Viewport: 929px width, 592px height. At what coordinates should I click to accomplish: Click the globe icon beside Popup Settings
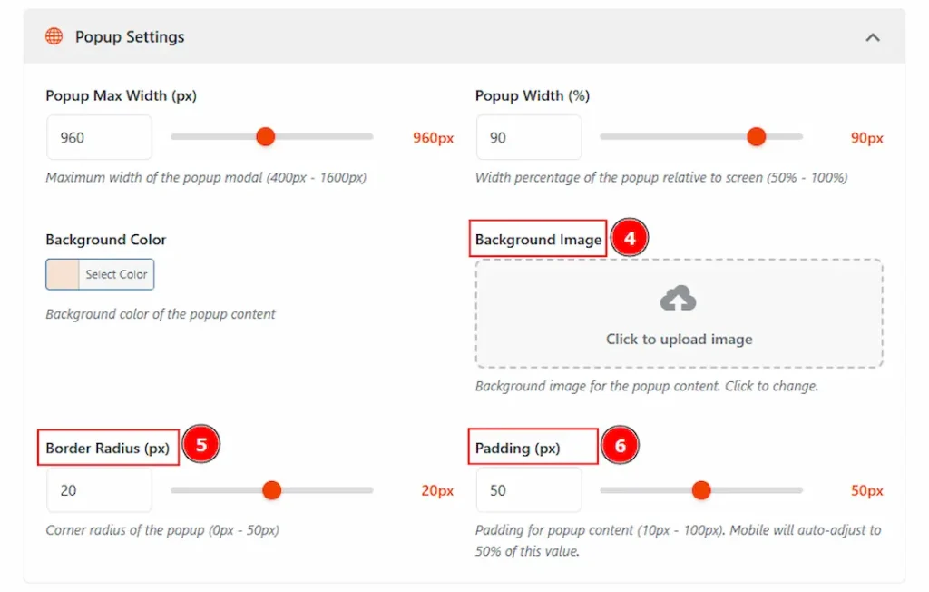pyautogui.click(x=54, y=37)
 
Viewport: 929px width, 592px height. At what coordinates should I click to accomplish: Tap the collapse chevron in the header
pyautogui.click(x=872, y=37)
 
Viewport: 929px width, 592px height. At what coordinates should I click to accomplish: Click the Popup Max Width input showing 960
pyautogui.click(x=99, y=138)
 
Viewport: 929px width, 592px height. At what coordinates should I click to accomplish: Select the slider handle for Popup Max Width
pyautogui.click(x=265, y=137)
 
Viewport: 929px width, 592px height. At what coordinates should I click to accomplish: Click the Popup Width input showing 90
pyautogui.click(x=528, y=138)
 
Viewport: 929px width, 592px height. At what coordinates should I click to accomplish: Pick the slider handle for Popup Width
pyautogui.click(x=756, y=137)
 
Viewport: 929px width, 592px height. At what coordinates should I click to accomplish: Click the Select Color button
pyautogui.click(x=100, y=274)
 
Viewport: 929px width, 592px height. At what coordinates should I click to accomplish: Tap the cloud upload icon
pyautogui.click(x=679, y=299)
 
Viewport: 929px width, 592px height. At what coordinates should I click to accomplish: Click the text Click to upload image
pyautogui.click(x=679, y=340)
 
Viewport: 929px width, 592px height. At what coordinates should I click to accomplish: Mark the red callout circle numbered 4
pyautogui.click(x=630, y=239)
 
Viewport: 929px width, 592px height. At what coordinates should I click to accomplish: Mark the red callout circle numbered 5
pyautogui.click(x=201, y=445)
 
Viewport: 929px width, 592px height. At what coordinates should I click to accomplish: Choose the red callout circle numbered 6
pyautogui.click(x=621, y=447)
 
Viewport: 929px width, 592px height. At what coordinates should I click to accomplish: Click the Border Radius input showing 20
pyautogui.click(x=99, y=490)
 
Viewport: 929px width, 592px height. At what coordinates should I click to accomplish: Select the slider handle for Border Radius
pyautogui.click(x=271, y=490)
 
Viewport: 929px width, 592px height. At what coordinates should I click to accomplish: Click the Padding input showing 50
pyautogui.click(x=528, y=490)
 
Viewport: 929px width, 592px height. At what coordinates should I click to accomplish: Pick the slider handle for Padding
pyautogui.click(x=700, y=490)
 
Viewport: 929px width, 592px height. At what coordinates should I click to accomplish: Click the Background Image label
pyautogui.click(x=538, y=240)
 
